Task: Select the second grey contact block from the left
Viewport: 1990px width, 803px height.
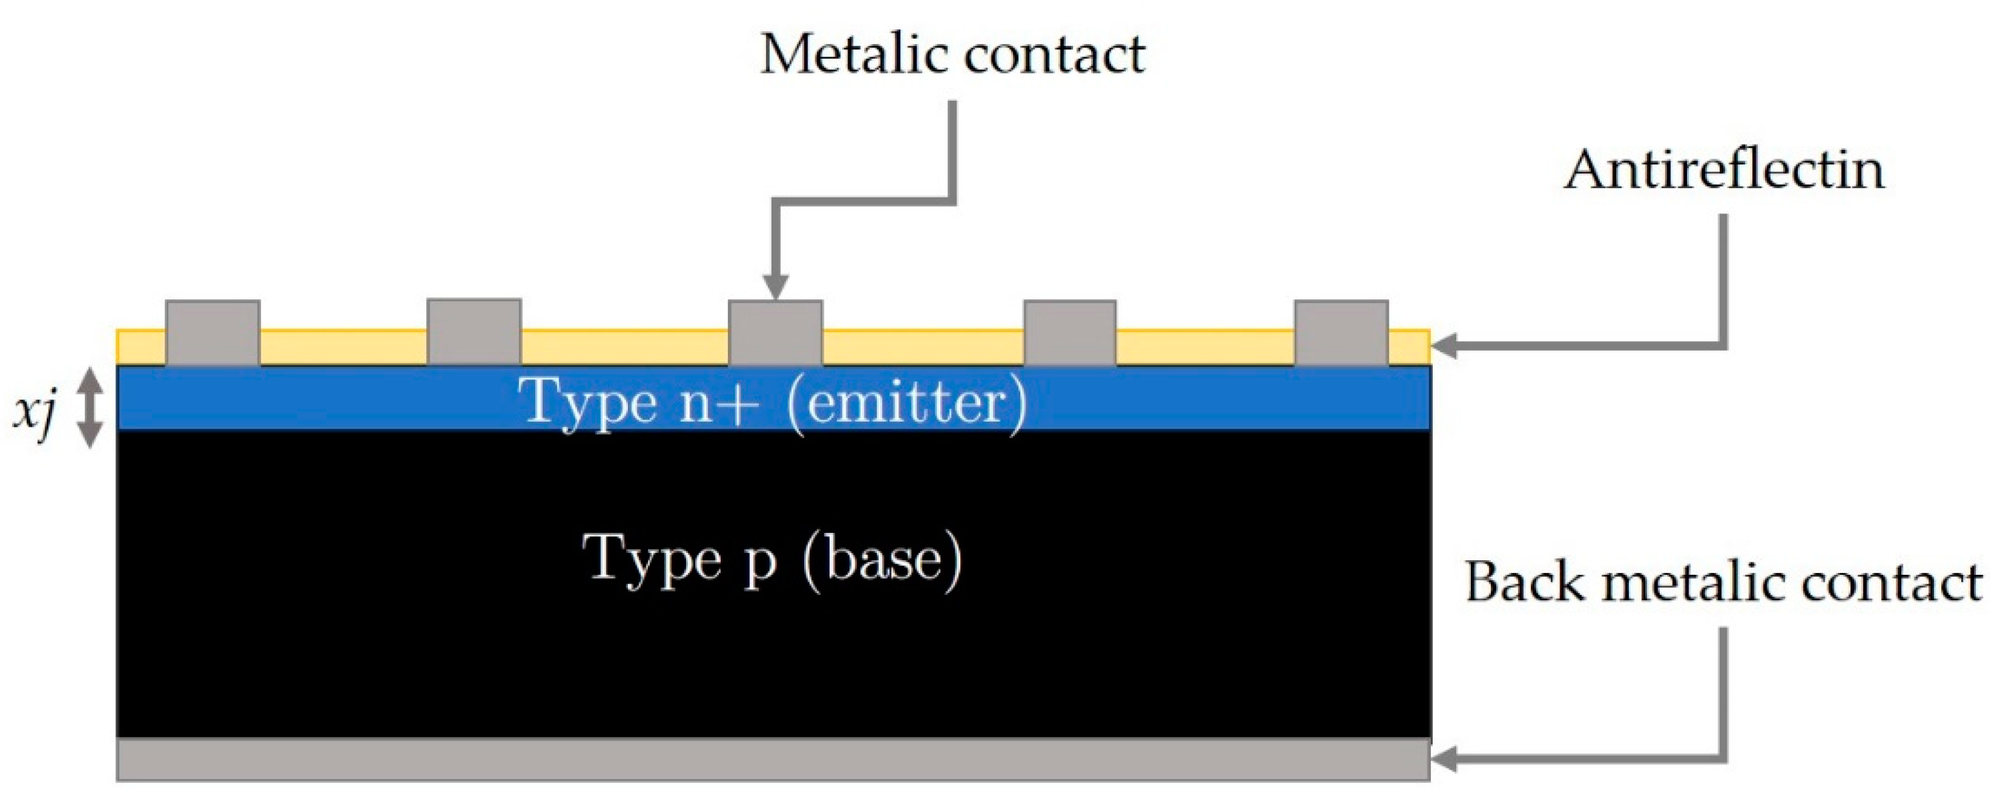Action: [474, 331]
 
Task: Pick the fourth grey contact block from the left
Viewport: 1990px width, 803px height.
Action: [1070, 332]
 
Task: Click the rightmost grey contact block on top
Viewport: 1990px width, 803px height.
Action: [1341, 332]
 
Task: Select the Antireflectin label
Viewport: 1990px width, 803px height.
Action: [1724, 170]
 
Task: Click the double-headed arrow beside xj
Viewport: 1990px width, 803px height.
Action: [91, 407]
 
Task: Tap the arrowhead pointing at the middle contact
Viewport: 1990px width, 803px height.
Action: [775, 287]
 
